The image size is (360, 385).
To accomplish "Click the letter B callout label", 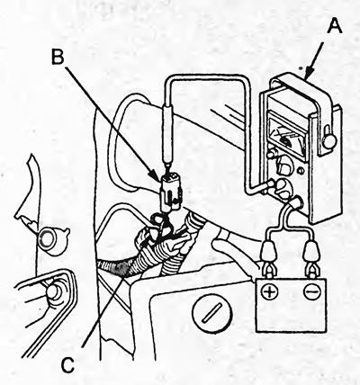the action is point(58,57).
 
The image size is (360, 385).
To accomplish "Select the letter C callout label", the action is point(67,365).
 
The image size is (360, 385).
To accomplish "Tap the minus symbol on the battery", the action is point(310,291).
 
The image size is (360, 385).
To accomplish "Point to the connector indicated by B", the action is point(171,192).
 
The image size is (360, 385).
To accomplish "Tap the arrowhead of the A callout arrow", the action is point(309,74).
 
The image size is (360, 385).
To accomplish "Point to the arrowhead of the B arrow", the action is point(157,175).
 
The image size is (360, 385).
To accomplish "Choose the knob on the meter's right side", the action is point(329,139).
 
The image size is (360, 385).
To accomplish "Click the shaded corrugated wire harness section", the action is point(119,267).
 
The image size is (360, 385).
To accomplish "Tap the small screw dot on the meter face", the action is point(301,171).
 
